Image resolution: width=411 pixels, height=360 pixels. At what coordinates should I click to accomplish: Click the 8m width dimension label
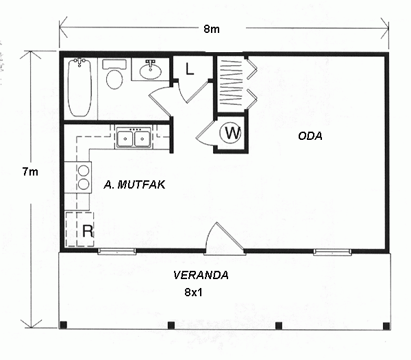[x=212, y=29]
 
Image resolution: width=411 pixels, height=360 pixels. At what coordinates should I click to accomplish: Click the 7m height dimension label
[x=30, y=172]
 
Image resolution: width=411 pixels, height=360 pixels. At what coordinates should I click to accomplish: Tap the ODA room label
[x=310, y=136]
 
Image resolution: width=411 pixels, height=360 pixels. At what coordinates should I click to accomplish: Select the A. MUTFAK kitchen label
[x=134, y=184]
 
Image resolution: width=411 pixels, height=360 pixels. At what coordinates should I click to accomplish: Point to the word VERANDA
[x=201, y=275]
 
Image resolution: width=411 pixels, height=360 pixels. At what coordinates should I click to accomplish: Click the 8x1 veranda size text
[x=193, y=292]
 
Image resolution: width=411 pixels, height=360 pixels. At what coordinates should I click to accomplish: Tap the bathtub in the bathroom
[x=79, y=87]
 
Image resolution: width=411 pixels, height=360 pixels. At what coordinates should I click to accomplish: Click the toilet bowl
[x=114, y=79]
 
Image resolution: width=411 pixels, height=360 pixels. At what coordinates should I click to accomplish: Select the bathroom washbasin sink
[x=150, y=71]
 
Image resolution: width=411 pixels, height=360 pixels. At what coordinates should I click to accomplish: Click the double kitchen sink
[x=134, y=137]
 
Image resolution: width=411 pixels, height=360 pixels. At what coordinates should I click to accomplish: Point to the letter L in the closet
[x=190, y=69]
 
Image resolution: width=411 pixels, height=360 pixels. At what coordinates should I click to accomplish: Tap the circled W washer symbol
[x=230, y=133]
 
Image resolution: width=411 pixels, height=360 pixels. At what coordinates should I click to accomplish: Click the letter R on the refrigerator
[x=88, y=231]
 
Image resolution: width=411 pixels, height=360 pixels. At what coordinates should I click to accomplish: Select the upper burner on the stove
[x=84, y=171]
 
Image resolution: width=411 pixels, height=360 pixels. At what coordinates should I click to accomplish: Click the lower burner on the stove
[x=84, y=184]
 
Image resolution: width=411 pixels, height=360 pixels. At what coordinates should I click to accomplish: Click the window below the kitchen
[x=116, y=252]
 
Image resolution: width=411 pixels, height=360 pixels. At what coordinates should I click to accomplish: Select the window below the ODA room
[x=332, y=252]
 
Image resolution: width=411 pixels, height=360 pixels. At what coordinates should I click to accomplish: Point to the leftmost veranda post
[x=64, y=325]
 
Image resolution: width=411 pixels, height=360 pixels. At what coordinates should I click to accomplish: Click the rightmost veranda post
[x=386, y=326]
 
